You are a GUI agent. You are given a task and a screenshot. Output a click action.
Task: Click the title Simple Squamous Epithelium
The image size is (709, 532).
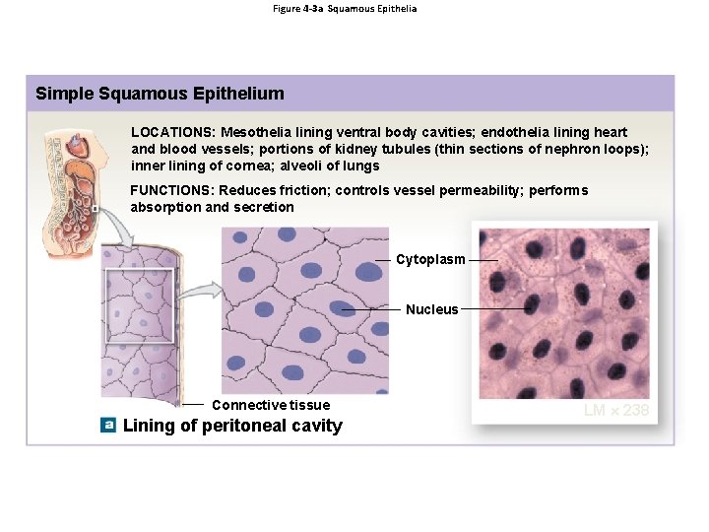(160, 95)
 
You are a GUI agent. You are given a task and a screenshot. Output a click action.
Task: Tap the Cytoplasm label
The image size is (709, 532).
(430, 260)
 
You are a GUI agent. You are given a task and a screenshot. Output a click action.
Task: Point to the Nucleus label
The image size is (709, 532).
(431, 309)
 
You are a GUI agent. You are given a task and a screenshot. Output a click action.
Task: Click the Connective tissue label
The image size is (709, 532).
(271, 405)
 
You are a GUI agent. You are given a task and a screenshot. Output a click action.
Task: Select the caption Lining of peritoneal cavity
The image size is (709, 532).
(232, 426)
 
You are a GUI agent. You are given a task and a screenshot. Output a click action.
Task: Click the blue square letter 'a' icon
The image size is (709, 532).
(108, 426)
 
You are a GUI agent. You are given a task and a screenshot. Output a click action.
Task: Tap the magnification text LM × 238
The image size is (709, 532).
(616, 410)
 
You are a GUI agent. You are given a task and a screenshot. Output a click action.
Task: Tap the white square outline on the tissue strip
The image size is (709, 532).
(139, 305)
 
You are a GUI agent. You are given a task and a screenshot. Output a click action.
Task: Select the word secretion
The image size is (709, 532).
(264, 207)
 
